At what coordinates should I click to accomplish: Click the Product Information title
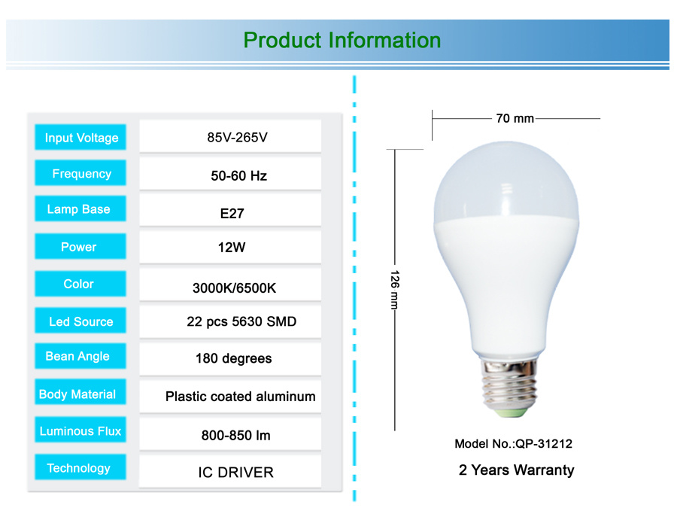pyautogui.click(x=342, y=40)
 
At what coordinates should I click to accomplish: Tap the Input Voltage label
pyautogui.click(x=80, y=138)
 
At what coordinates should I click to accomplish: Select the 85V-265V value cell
pyautogui.click(x=230, y=136)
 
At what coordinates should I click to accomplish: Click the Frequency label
pyautogui.click(x=80, y=173)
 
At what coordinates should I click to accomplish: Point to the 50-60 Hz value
pyautogui.click(x=238, y=176)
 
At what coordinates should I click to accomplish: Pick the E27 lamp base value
pyautogui.click(x=232, y=214)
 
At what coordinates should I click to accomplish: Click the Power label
pyautogui.click(x=80, y=246)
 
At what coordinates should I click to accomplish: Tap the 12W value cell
pyautogui.click(x=230, y=247)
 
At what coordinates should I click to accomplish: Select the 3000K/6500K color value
pyautogui.click(x=234, y=288)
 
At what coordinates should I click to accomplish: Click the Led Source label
pyautogui.click(x=80, y=321)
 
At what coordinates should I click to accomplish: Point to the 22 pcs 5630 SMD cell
pyautogui.click(x=230, y=321)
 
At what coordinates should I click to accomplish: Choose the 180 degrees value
pyautogui.click(x=234, y=358)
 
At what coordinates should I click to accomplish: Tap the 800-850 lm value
pyautogui.click(x=235, y=435)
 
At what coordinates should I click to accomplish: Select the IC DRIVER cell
pyautogui.click(x=230, y=471)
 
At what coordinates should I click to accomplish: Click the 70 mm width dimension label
pyautogui.click(x=515, y=118)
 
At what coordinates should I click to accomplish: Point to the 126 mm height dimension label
pyautogui.click(x=395, y=290)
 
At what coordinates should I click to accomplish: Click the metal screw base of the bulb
pyautogui.click(x=510, y=387)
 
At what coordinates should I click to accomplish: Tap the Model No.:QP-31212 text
pyautogui.click(x=513, y=443)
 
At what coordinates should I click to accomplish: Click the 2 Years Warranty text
pyautogui.click(x=516, y=470)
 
